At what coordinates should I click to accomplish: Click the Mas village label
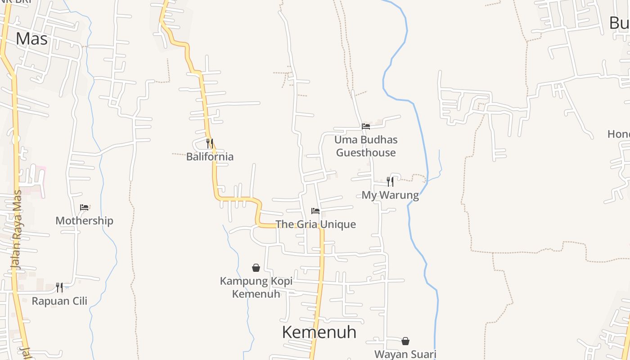31,39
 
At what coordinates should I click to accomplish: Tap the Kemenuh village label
319,333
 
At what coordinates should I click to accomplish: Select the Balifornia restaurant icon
210,144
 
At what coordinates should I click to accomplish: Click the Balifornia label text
210,157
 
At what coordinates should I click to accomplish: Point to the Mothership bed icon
84,207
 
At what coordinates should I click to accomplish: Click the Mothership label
84,220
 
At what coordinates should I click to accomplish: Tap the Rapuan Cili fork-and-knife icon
59,287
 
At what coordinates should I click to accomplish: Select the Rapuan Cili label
59,301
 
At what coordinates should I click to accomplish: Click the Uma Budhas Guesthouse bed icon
366,126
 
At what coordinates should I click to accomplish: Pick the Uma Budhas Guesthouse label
366,146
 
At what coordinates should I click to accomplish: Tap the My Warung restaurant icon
390,181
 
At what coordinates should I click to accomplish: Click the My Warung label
390,195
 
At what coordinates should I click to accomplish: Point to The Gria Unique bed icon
315,211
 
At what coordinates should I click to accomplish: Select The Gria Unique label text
315,224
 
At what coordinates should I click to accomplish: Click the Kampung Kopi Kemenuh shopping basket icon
256,268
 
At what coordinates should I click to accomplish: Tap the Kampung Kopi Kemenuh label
256,288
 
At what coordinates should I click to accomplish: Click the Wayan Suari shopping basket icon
405,341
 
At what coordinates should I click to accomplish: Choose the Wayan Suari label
405,354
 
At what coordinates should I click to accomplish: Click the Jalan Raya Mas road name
17,229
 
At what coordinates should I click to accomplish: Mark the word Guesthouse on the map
366,153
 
